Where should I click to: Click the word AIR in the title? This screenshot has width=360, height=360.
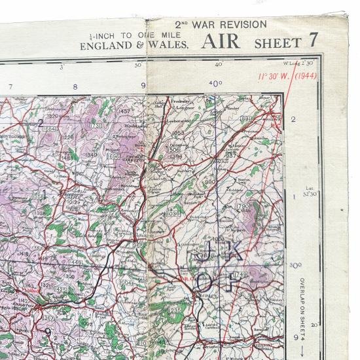coord(223,42)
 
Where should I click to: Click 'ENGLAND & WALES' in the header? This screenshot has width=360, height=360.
coord(134,46)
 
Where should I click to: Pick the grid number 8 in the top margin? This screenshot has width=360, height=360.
coord(75,86)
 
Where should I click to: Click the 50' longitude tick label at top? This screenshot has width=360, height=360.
coord(138,65)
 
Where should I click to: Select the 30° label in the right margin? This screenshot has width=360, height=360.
coord(296,265)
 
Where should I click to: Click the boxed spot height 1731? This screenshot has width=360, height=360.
coord(96,126)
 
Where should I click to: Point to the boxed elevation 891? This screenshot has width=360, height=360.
coord(246,118)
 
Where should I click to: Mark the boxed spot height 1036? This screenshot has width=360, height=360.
coord(173,213)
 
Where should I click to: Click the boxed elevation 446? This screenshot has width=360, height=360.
coord(77,262)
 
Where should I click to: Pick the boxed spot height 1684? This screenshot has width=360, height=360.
coord(48,129)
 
